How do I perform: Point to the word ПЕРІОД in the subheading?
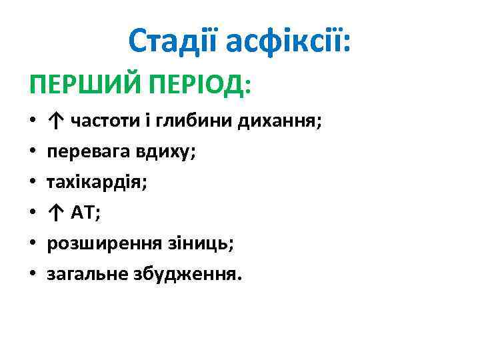click(199, 85)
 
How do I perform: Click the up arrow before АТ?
click(56, 213)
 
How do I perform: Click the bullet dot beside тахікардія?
click(32, 183)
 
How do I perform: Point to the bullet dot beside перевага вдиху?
click(32, 152)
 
